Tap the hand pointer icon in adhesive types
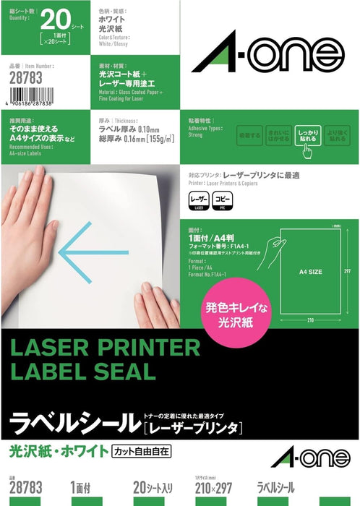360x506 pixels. point(307,150)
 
